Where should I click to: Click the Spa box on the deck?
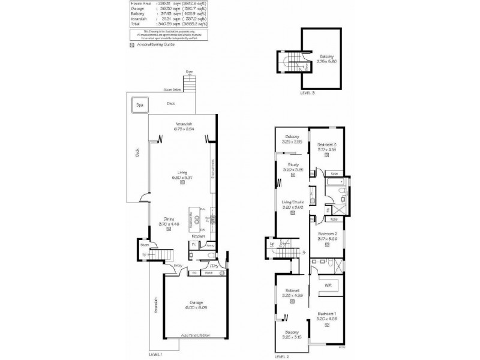point(140,105)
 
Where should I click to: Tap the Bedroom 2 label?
point(326,234)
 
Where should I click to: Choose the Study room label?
point(292,165)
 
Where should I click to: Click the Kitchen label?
point(199,236)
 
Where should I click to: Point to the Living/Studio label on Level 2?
point(293,202)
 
